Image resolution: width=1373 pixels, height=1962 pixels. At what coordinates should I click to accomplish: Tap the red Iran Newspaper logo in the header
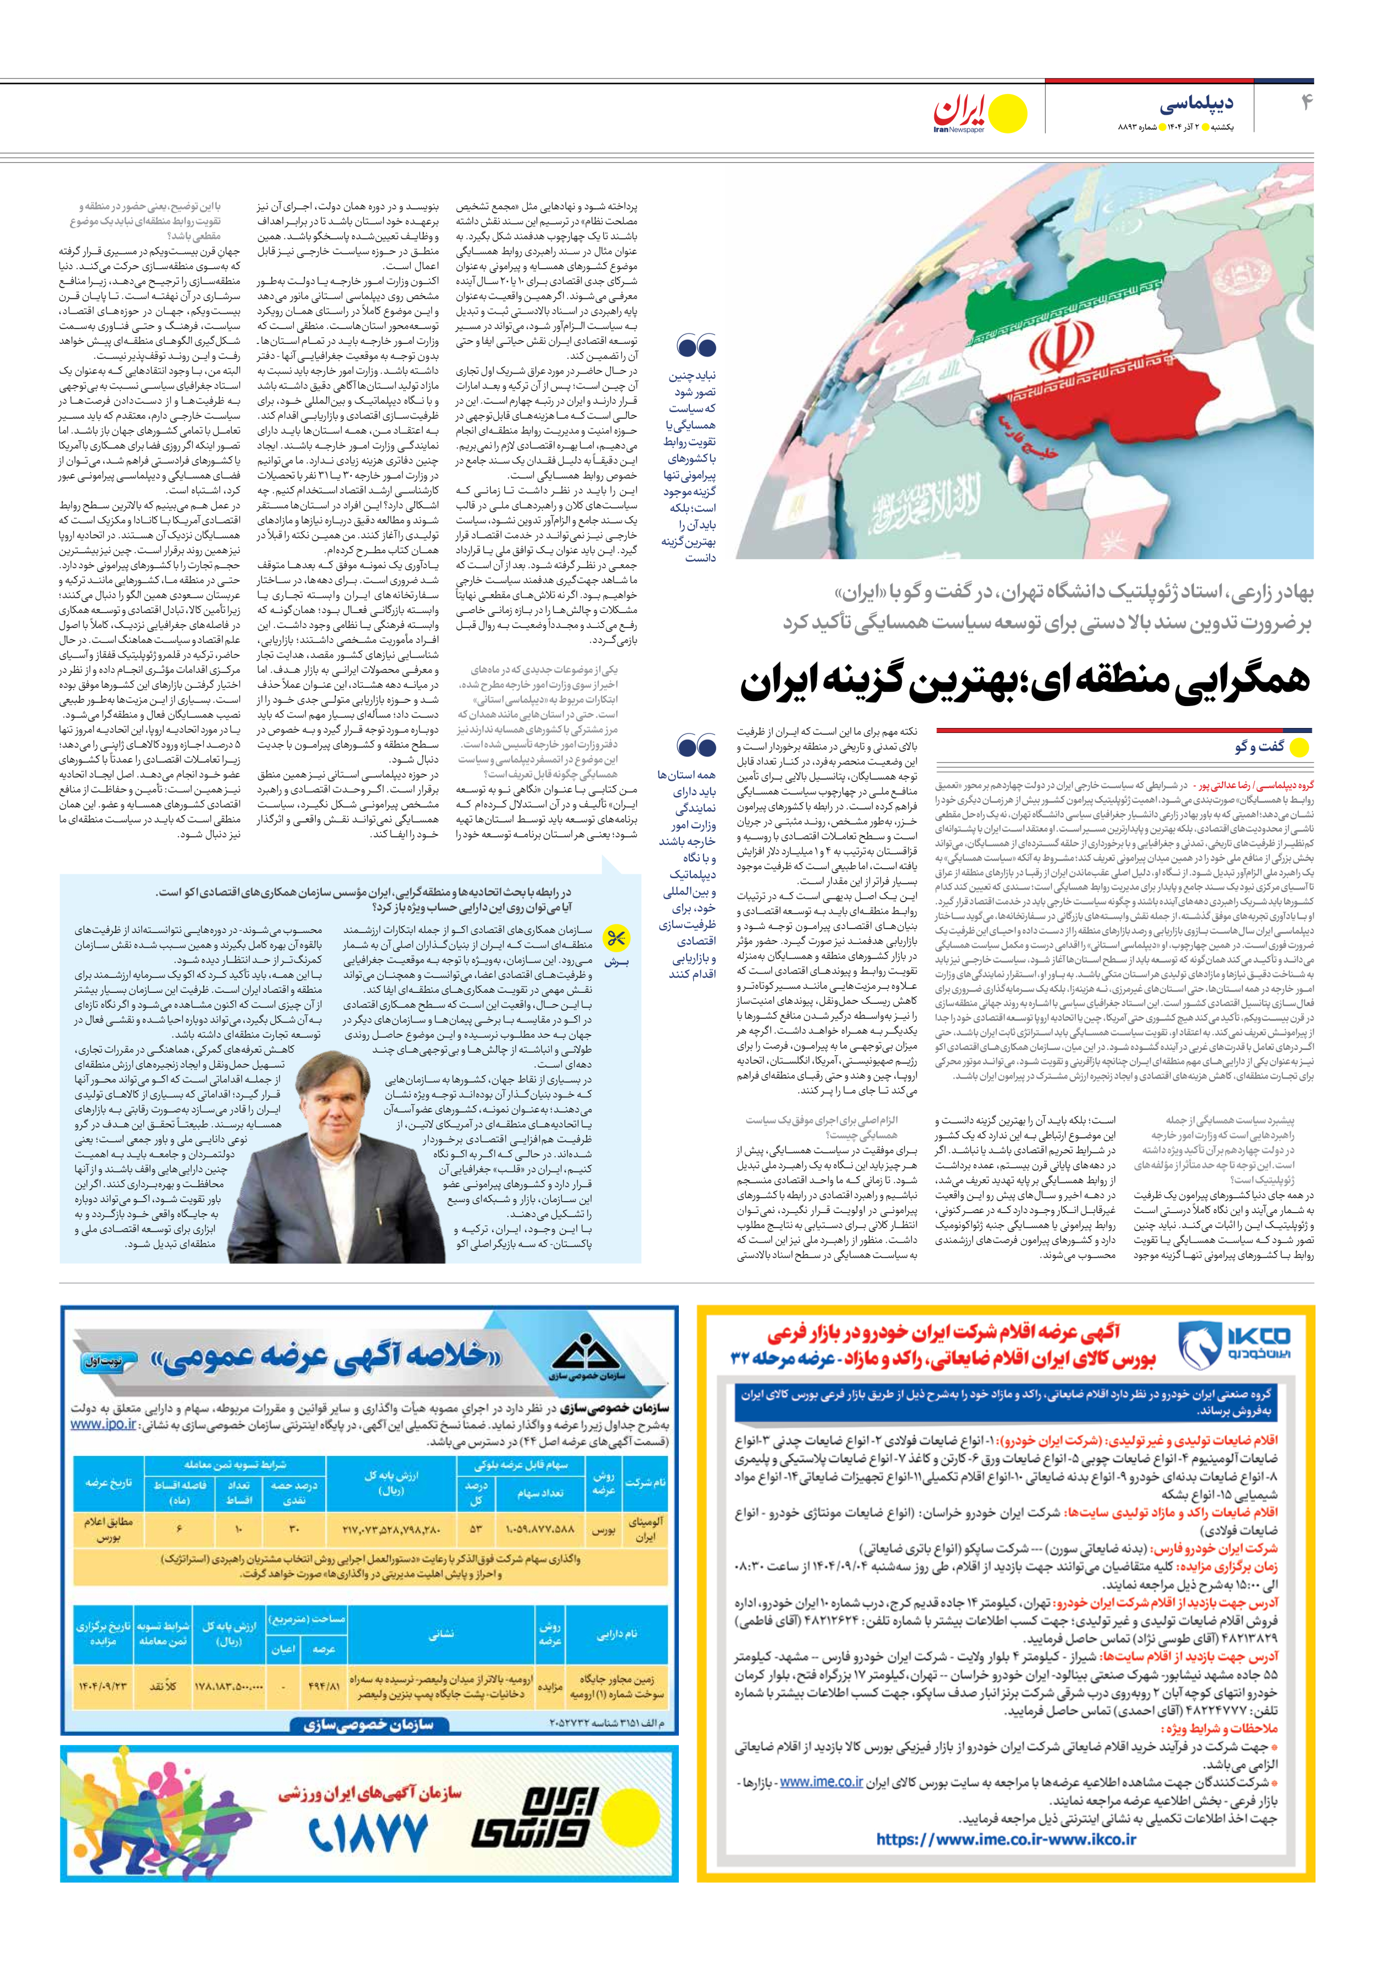[x=961, y=111]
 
